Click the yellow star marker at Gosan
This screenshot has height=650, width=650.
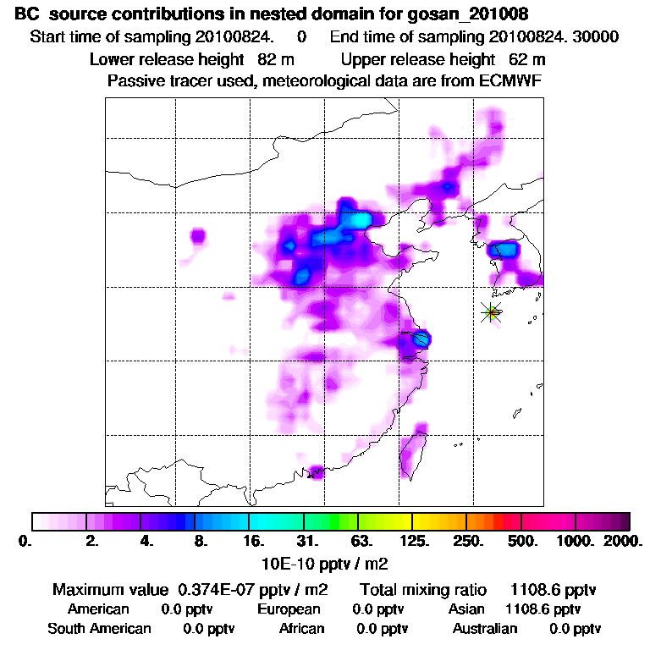[491, 312]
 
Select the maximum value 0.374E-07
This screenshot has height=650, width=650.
[215, 589]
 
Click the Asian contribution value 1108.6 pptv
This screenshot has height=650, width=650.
[543, 609]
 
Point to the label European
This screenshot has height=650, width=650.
[289, 609]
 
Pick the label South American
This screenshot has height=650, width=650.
[99, 628]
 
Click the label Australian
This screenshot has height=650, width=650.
[484, 628]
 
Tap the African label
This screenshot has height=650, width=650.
[301, 628]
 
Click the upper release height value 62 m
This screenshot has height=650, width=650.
[526, 59]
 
